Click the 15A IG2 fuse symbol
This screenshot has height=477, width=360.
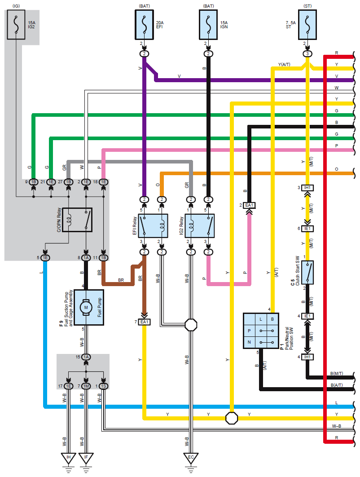(16, 25)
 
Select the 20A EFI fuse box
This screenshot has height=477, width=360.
(144, 25)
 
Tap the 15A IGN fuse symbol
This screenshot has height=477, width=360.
(208, 25)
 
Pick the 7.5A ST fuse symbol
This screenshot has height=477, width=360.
(307, 25)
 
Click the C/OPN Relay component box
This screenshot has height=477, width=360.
(77, 220)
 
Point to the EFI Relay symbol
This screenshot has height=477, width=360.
(153, 226)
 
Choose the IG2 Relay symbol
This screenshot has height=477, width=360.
(199, 226)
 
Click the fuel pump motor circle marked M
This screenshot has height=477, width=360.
(86, 308)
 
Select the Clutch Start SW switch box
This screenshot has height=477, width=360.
(307, 272)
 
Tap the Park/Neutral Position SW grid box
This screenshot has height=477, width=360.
(261, 331)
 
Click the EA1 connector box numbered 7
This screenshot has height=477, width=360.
(144, 322)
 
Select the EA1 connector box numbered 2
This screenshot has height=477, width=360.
(249, 205)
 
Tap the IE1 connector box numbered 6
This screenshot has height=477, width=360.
(307, 229)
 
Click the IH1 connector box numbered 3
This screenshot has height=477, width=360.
(307, 188)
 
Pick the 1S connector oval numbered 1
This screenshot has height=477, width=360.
(103, 386)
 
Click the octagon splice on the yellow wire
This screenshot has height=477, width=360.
(231, 418)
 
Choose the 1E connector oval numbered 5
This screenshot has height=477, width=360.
(45, 258)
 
